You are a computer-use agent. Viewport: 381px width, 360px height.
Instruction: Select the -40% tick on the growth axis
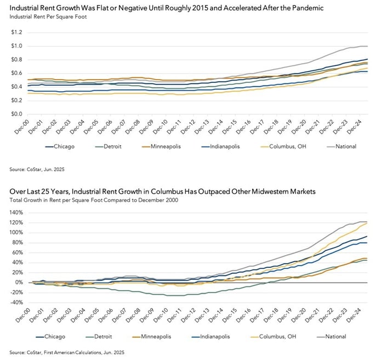point(15,302)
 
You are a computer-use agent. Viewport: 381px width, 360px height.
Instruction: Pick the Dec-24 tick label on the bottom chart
point(359,315)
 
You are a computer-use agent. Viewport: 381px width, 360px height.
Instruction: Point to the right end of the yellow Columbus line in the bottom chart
point(366,222)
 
